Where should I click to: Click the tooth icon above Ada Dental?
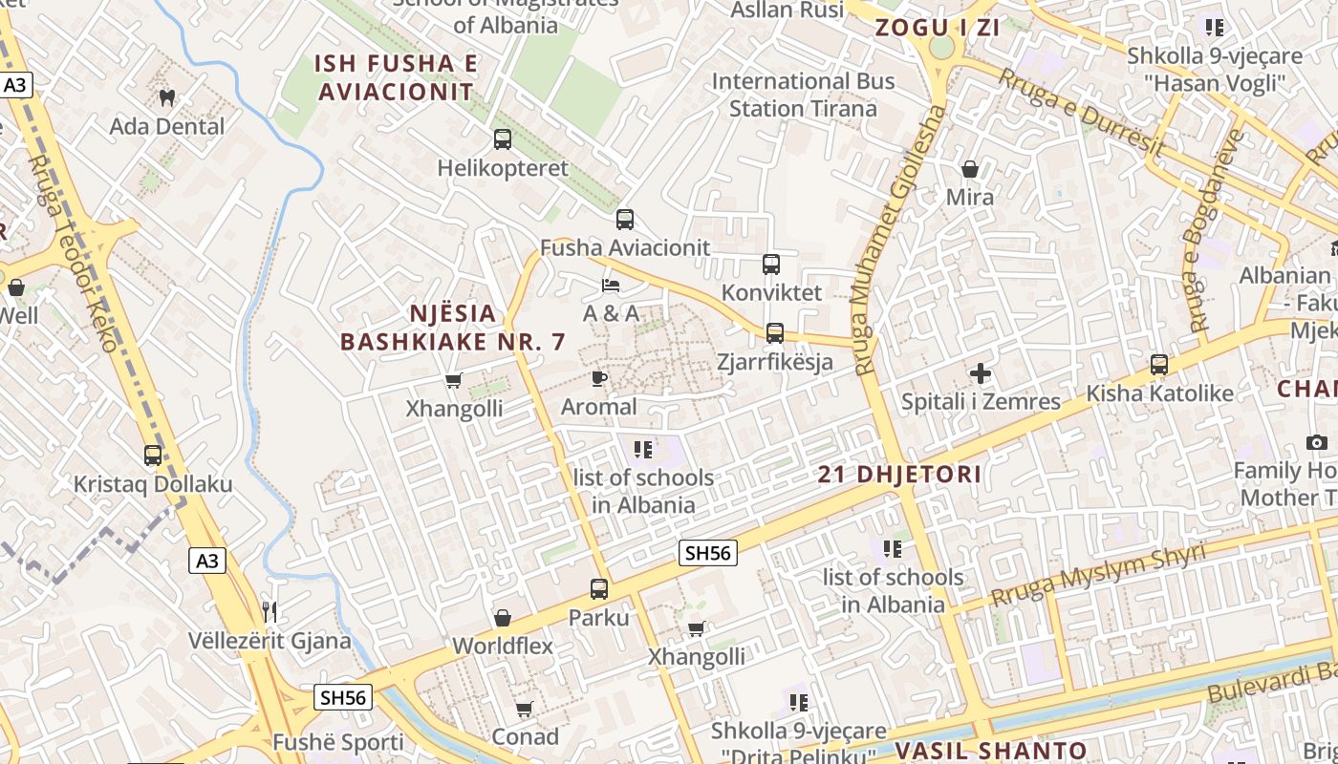[x=167, y=97]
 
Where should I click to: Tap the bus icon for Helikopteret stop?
[x=503, y=139]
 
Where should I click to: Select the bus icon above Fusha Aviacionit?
[x=625, y=220]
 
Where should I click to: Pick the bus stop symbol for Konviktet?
[x=771, y=265]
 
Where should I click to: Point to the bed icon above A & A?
[x=611, y=286]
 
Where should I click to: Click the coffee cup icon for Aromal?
[x=599, y=379]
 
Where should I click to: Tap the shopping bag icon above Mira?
[x=970, y=170]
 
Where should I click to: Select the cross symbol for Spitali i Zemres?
[x=981, y=373]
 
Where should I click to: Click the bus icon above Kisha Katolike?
[x=1159, y=365]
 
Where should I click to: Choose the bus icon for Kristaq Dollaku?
[x=153, y=456]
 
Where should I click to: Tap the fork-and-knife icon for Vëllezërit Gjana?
[x=270, y=611]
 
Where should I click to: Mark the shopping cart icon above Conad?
[x=524, y=710]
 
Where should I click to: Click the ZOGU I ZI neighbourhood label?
[x=938, y=28]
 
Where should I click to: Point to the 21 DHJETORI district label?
[x=900, y=475]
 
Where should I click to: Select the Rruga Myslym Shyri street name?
[x=1098, y=575]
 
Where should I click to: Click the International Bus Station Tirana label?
[x=803, y=95]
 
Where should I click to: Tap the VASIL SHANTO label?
[x=991, y=751]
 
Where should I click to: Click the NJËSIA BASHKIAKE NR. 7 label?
[x=453, y=328]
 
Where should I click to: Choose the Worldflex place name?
[x=503, y=646]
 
